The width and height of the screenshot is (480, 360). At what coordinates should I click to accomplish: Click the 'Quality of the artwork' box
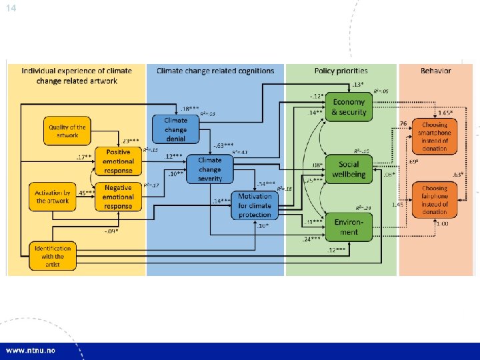[x=67, y=131]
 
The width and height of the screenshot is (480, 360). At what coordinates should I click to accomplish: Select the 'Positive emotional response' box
[x=118, y=160]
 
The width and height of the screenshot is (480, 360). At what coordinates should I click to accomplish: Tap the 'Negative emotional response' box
[x=118, y=197]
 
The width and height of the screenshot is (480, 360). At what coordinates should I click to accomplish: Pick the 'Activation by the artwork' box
[x=53, y=197]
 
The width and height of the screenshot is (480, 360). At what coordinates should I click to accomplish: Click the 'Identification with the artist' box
[x=53, y=256]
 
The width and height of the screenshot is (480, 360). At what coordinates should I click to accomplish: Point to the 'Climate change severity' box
[x=209, y=169]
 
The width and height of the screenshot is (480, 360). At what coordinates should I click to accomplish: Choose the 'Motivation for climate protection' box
[x=255, y=205]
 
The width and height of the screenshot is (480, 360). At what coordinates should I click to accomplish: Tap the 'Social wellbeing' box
[x=348, y=169]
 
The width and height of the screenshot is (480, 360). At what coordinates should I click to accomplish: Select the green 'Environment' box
[x=348, y=227]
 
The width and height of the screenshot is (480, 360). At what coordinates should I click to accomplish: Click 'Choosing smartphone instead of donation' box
[x=434, y=136]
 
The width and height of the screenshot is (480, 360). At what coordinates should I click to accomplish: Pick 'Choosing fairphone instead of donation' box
[x=434, y=199]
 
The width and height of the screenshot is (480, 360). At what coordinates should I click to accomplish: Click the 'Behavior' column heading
[x=435, y=71]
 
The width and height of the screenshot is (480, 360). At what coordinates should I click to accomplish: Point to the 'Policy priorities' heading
[x=341, y=71]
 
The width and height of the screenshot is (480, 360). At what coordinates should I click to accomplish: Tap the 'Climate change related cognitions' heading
[x=215, y=71]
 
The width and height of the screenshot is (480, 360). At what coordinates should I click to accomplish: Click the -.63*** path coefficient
[x=223, y=145]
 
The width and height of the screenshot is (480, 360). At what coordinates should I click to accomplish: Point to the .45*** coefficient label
[x=86, y=193]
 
